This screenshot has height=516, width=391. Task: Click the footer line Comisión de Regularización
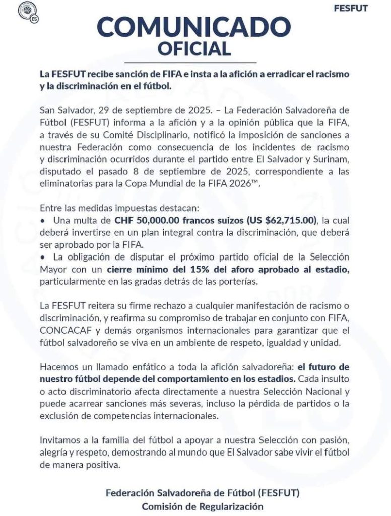click(202, 506)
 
